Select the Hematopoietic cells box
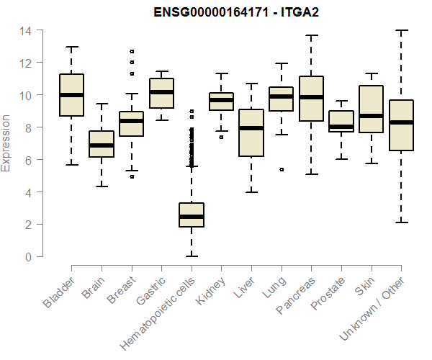pos(192,215)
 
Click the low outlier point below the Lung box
pos(282,170)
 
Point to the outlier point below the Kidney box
pos(221,137)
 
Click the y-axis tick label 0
pos(28,256)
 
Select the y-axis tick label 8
pos(28,127)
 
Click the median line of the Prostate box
pos(341,127)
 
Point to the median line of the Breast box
pos(131,121)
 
